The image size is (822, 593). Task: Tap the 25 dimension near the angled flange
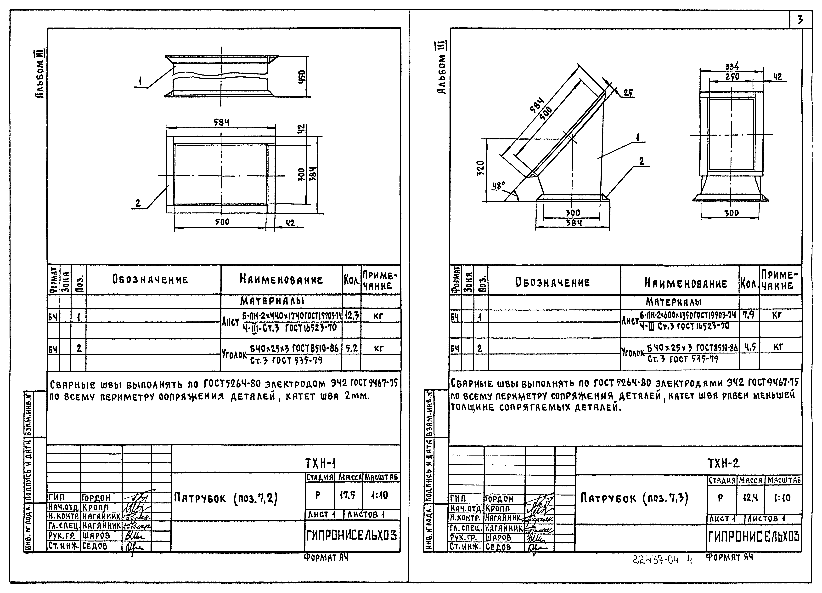(629, 93)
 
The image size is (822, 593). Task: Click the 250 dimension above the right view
(732, 76)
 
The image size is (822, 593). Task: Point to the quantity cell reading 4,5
(749, 347)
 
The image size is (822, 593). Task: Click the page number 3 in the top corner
(800, 20)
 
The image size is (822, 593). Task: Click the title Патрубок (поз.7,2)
(226, 498)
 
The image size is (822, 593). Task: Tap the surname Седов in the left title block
(95, 546)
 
